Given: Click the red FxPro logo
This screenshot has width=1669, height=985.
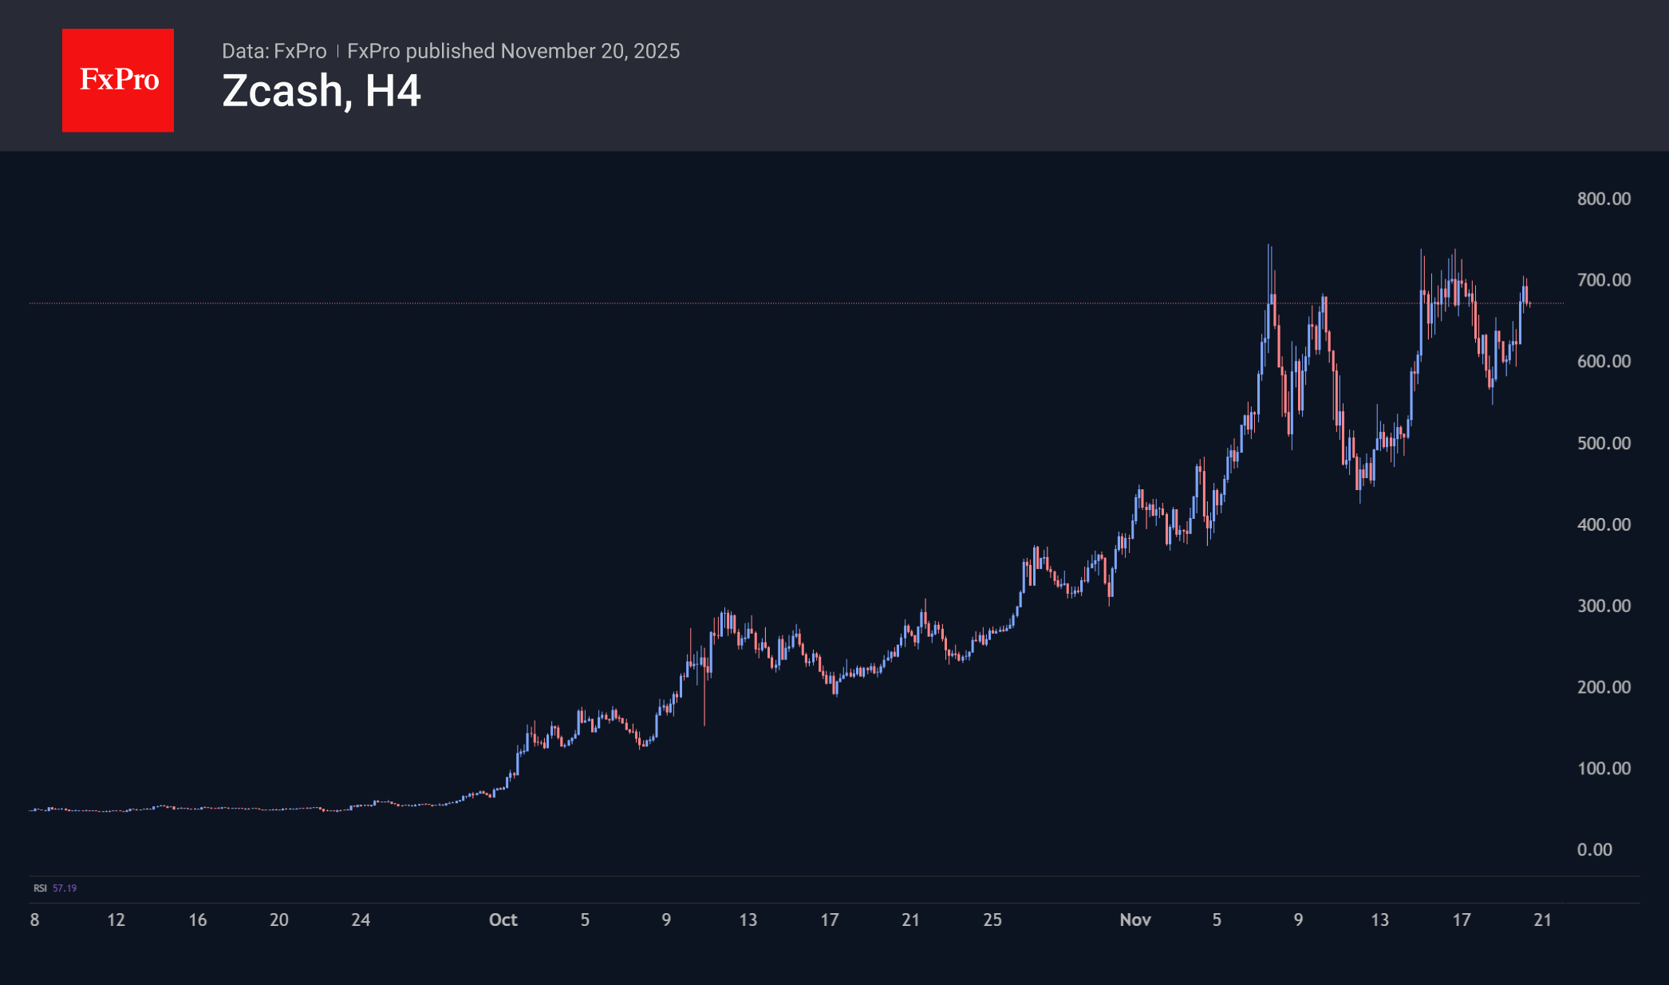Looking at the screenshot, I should point(118,80).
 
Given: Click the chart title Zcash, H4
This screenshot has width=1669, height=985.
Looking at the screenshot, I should point(321,91).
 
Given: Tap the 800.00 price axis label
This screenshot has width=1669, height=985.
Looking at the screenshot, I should point(1604,199).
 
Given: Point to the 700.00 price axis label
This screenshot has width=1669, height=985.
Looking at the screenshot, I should point(1604,280).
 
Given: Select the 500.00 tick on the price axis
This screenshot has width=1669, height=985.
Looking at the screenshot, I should point(1604,443).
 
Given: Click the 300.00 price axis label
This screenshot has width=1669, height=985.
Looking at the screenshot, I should point(1604,606).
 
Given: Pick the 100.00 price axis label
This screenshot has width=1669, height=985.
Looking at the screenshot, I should point(1604,769).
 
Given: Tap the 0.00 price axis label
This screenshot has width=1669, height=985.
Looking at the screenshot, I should point(1594,850).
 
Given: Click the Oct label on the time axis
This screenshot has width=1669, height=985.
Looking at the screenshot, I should point(503,920).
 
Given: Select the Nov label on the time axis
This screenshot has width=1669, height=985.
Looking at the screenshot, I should point(1134,920).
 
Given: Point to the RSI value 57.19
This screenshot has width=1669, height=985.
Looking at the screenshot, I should point(65,888).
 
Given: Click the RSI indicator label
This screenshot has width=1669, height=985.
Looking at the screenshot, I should point(40,888).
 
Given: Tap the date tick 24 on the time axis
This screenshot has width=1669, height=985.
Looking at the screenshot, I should point(361,920).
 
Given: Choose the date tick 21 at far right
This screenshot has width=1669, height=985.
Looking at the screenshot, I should point(1542,920).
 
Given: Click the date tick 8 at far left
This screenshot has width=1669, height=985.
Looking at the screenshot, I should point(34,920).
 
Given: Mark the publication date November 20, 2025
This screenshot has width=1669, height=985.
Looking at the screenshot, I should point(590,51).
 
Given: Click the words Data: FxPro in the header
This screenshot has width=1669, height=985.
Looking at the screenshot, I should point(274,51).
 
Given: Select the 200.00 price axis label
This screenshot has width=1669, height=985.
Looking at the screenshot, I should point(1604,687).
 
